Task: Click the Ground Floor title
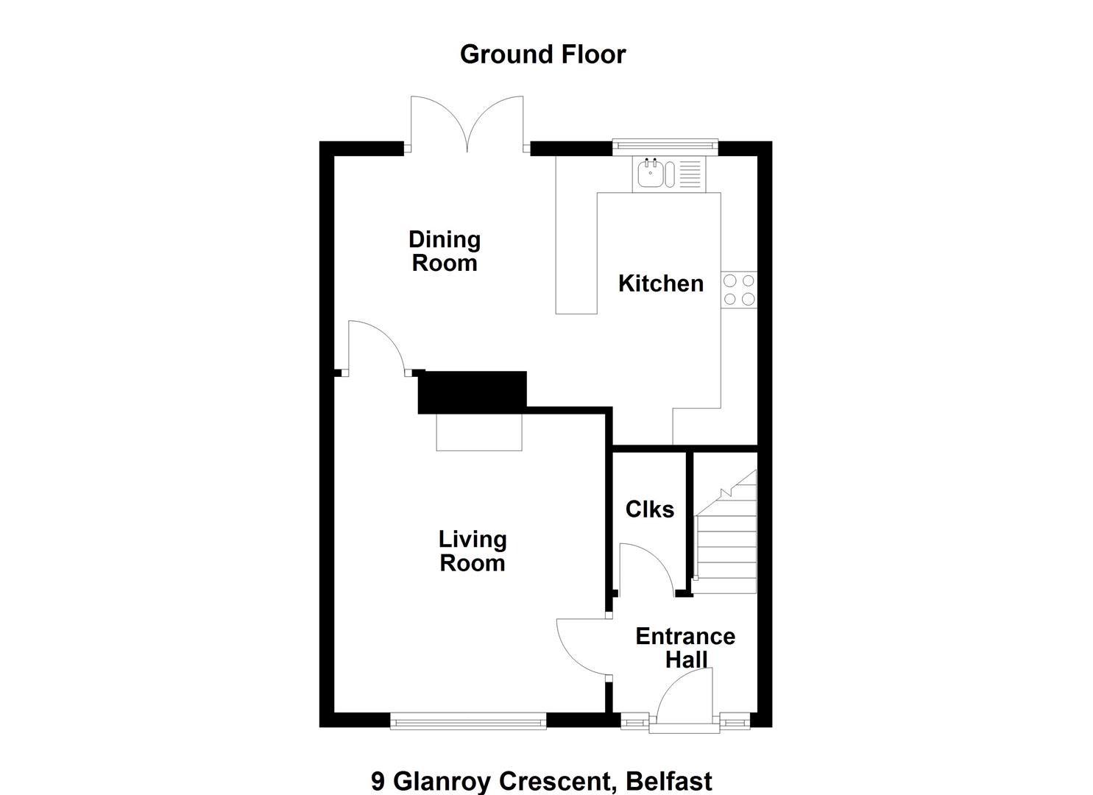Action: pos(542,54)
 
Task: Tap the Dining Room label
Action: pos(445,251)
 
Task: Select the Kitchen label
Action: pos(661,283)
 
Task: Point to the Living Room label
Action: pos(473,551)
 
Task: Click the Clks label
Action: pos(649,509)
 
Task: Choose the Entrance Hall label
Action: pos(685,648)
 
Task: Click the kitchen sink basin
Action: pos(651,174)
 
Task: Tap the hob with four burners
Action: pos(739,289)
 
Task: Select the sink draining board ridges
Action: pos(690,174)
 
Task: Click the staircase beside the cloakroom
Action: pos(726,532)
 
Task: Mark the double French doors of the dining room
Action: pos(467,124)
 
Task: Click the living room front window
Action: pos(468,721)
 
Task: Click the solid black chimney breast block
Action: pos(473,392)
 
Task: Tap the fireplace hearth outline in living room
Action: pos(478,432)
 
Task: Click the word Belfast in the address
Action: pos(669,780)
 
